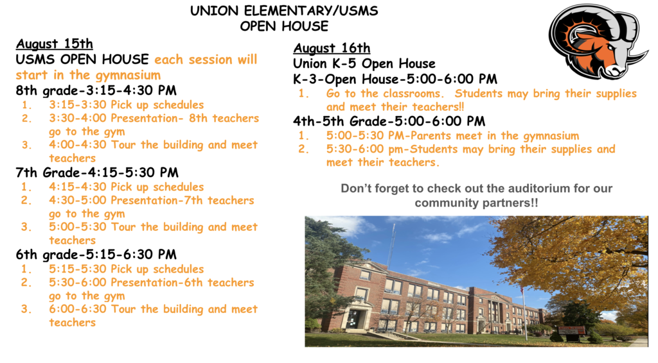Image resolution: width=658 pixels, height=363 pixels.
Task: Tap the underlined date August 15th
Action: pyautogui.click(x=55, y=44)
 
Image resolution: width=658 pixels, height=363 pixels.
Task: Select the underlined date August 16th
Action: pyautogui.click(x=332, y=49)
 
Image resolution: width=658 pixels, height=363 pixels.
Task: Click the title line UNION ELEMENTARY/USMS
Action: pyautogui.click(x=284, y=12)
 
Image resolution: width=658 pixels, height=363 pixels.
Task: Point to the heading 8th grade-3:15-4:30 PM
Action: pyautogui.click(x=96, y=90)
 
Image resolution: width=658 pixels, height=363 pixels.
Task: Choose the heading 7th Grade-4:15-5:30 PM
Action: pyautogui.click(x=97, y=173)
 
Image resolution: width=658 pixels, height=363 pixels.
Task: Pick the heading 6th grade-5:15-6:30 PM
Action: pyautogui.click(x=96, y=255)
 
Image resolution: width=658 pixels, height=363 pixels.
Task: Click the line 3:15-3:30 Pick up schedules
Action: pyautogui.click(x=126, y=105)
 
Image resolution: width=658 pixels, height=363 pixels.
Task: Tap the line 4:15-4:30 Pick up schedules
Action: pyautogui.click(x=126, y=187)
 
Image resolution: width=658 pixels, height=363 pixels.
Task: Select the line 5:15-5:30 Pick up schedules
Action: pyautogui.click(x=126, y=269)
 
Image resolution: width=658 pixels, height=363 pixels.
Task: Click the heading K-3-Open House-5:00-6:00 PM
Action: pyautogui.click(x=395, y=80)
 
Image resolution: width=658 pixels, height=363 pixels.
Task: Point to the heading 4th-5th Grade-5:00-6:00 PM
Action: pyautogui.click(x=389, y=121)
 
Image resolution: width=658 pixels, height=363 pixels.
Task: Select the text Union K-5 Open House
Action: pyautogui.click(x=364, y=63)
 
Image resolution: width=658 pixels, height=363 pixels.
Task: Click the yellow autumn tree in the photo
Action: pyautogui.click(x=578, y=257)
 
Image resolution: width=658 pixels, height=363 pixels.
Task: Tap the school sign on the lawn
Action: pyautogui.click(x=571, y=330)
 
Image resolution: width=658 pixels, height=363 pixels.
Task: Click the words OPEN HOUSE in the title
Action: pyautogui.click(x=284, y=26)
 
